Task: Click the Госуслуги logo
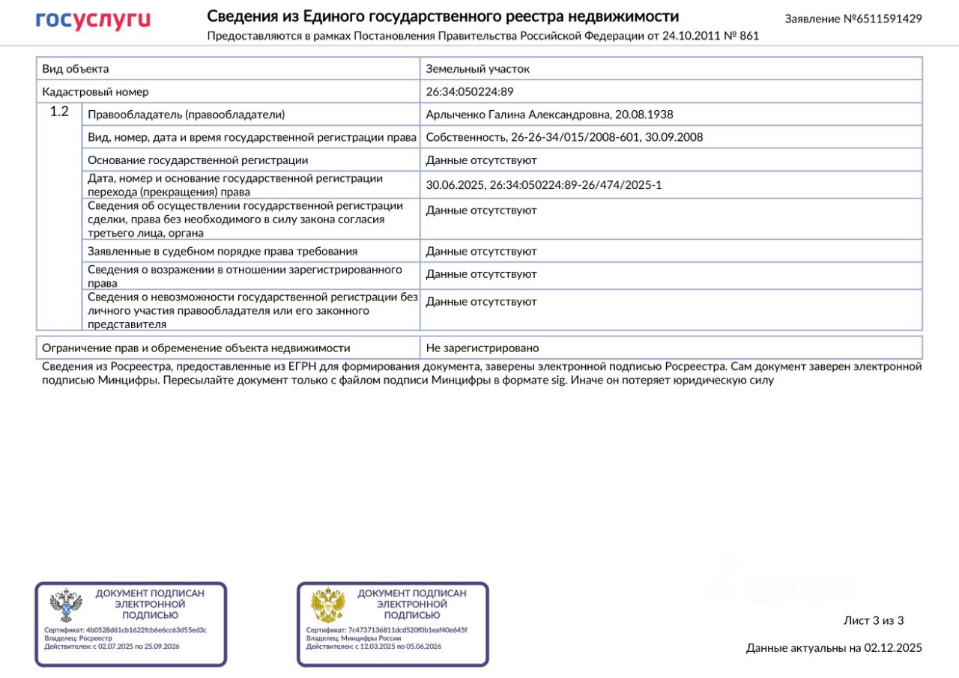pyautogui.click(x=93, y=19)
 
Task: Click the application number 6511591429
pyautogui.click(x=889, y=19)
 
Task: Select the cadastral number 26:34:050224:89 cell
pyautogui.click(x=470, y=92)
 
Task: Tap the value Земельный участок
pyautogui.click(x=478, y=69)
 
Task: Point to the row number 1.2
pyautogui.click(x=59, y=112)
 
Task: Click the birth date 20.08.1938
pyautogui.click(x=644, y=115)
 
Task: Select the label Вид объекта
pyautogui.click(x=76, y=69)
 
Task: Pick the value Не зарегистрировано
pyautogui.click(x=482, y=348)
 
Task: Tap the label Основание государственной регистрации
pyautogui.click(x=198, y=160)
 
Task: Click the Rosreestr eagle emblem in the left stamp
pyautogui.click(x=66, y=605)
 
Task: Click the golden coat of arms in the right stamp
pyautogui.click(x=328, y=605)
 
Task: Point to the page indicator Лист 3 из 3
pyautogui.click(x=874, y=620)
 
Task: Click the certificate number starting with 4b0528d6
pyautogui.click(x=146, y=630)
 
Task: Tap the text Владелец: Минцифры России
pyautogui.click(x=354, y=638)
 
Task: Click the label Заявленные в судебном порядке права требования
pyautogui.click(x=223, y=252)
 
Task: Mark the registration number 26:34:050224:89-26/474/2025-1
pyautogui.click(x=576, y=185)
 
